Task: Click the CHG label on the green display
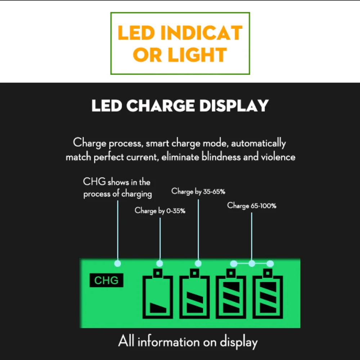(x=106, y=280)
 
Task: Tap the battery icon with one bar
(x=158, y=294)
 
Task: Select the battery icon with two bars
(x=194, y=294)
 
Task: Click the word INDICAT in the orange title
(x=201, y=33)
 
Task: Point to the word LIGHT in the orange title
(x=197, y=55)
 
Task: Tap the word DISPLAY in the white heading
(x=234, y=105)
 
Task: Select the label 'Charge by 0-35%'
(x=160, y=211)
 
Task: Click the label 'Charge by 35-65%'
(x=198, y=191)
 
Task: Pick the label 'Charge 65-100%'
(x=252, y=206)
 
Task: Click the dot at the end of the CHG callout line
(x=118, y=264)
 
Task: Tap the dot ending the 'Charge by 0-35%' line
(x=159, y=264)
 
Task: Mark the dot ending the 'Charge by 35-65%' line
(x=198, y=264)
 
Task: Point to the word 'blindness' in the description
(x=221, y=157)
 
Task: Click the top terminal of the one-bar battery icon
(x=158, y=273)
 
